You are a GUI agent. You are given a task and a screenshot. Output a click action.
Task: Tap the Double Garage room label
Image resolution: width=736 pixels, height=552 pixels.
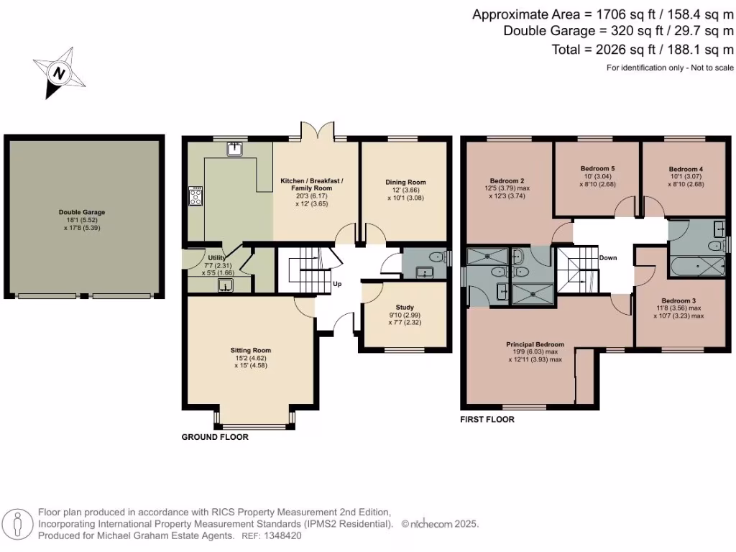click(83, 212)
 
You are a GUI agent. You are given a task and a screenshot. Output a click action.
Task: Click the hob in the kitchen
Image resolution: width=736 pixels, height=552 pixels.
click(195, 196)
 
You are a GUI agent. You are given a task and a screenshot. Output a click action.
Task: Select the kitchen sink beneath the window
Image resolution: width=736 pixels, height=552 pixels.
click(235, 149)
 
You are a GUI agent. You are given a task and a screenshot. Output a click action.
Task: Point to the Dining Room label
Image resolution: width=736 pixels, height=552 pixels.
click(407, 183)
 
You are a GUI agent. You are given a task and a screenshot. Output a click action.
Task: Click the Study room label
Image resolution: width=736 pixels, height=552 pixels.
click(395, 307)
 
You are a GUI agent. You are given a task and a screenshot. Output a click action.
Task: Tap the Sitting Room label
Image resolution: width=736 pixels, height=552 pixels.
click(251, 350)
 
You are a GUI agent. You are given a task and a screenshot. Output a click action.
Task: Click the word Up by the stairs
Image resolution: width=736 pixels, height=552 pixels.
click(336, 284)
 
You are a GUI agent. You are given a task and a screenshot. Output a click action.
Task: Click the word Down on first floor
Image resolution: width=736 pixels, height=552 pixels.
click(608, 257)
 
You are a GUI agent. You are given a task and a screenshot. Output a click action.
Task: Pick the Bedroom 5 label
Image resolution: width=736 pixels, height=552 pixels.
click(597, 168)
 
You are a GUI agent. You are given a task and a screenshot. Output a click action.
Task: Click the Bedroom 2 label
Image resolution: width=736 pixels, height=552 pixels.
click(507, 180)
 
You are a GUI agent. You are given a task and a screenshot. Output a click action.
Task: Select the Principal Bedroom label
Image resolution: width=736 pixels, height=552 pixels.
click(535, 344)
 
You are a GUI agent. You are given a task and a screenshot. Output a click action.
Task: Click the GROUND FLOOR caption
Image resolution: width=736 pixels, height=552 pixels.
click(215, 437)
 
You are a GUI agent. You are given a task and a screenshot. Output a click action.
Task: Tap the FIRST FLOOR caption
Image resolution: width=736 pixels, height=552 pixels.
click(487, 420)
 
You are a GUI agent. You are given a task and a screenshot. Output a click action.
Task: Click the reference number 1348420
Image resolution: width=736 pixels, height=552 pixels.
click(283, 535)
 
